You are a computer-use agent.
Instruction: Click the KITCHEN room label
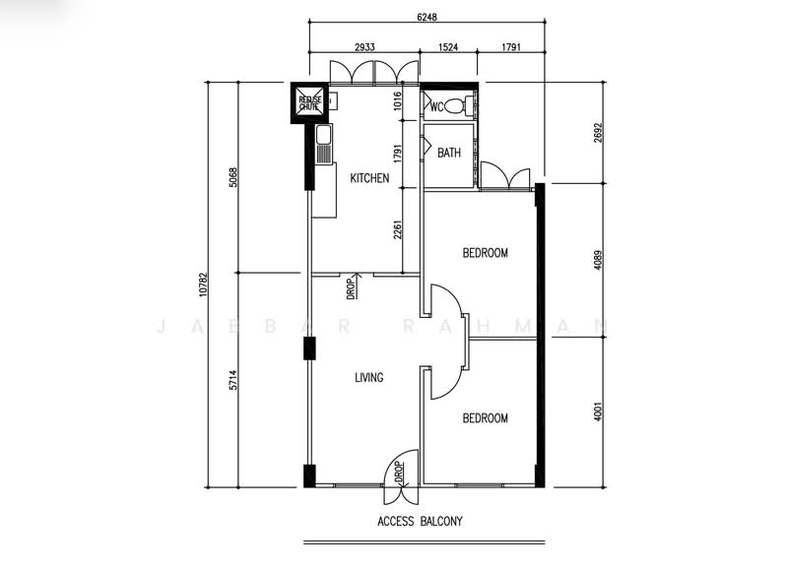369,178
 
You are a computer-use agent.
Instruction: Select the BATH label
449,153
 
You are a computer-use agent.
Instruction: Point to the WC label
437,107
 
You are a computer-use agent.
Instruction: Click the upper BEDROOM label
485,253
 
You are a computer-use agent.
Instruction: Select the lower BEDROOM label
485,418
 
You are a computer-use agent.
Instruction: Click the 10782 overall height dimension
203,285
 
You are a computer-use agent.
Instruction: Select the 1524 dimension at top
449,46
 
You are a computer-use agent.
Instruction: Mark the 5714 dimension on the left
232,380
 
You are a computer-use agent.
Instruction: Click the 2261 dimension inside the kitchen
397,228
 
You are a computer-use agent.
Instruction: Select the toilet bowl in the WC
456,106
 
